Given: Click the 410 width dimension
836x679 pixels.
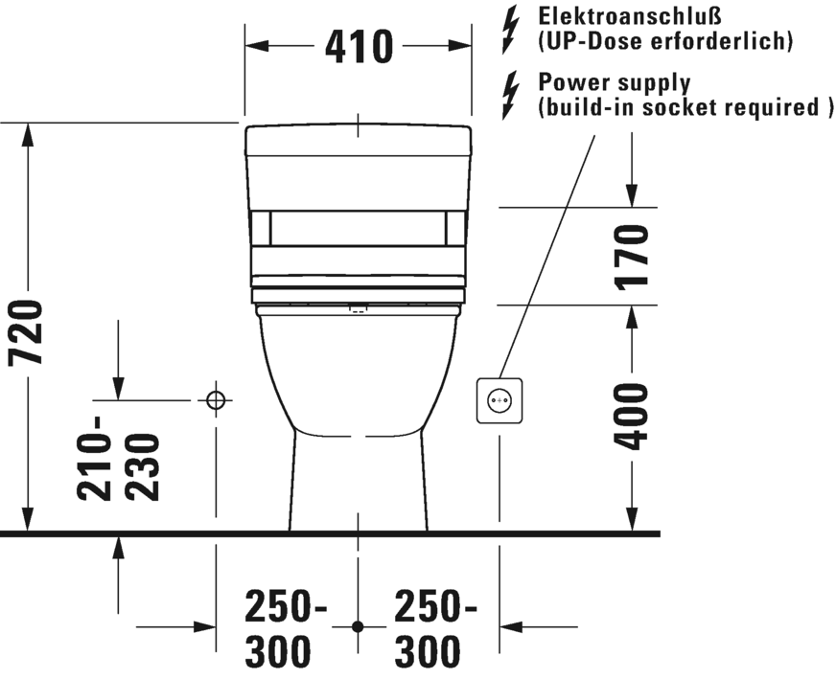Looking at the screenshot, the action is point(359,46).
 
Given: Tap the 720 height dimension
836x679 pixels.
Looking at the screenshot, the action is point(26,333).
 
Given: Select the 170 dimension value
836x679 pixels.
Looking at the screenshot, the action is point(631,258).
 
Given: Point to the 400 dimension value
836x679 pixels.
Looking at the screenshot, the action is point(631,416).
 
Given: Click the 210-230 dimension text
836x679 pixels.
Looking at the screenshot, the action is point(118,459).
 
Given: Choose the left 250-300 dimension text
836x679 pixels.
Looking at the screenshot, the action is point(286,628).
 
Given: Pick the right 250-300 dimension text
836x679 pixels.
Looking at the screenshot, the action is point(435,628).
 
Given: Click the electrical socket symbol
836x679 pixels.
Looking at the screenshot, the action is point(499,400).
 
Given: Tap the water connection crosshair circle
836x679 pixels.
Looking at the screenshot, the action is point(216,399).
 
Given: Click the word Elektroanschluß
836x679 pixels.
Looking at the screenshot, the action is point(630,16).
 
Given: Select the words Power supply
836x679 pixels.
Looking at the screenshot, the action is point(615,83).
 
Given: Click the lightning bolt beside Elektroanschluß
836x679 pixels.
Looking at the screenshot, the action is point(510,30).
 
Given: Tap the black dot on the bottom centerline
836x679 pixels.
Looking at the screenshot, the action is point(358,627).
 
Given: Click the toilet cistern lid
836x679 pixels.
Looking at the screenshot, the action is point(359,141).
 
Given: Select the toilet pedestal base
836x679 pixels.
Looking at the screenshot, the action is point(359,482).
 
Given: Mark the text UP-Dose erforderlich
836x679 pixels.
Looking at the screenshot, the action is point(664,41).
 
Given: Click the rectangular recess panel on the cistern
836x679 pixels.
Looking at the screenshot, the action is point(359,229).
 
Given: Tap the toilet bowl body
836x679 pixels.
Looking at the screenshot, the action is point(359,373).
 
